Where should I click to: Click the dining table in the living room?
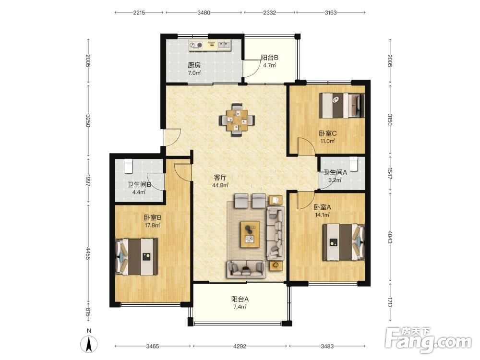point(237,120)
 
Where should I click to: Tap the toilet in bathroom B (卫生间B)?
point(128,166)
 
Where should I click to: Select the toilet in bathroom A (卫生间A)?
point(354,164)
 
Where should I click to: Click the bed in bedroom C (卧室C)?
point(342,105)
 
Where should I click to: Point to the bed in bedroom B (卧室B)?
point(136,257)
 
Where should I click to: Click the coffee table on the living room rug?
point(250,234)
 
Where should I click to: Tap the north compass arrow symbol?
point(89,344)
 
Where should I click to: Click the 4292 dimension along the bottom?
point(240,346)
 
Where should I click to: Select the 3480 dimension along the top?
point(204,12)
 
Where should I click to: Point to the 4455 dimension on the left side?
point(88,253)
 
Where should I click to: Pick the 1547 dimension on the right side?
point(390,174)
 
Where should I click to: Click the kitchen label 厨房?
point(194,65)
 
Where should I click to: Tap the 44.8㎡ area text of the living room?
point(220,185)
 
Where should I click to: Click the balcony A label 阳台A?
point(240,299)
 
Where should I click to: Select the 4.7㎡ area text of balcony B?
point(269,65)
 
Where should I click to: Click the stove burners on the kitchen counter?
point(196,45)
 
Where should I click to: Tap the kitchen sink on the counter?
point(224,45)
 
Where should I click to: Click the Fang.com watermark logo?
point(428,339)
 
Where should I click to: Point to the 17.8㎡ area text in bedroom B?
point(153,225)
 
